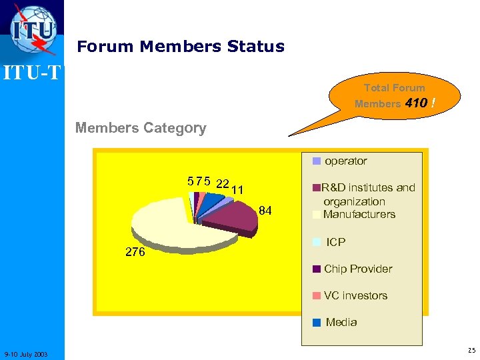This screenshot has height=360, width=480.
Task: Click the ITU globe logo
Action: [32, 28]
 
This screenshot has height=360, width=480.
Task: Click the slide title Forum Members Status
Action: [181, 47]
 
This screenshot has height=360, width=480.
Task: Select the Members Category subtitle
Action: [141, 127]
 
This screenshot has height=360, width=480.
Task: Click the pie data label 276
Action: [136, 253]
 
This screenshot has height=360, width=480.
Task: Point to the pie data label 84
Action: [265, 211]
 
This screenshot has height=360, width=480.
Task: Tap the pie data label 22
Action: [223, 183]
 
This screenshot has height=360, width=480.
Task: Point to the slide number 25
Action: [471, 350]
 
